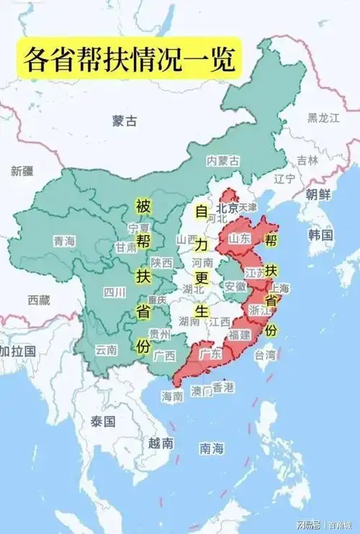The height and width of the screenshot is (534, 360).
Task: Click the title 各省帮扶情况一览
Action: [130, 58]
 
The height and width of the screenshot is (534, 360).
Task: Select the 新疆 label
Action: [23, 171]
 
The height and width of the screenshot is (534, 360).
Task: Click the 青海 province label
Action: [64, 242]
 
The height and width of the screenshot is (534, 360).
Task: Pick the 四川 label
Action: [114, 291]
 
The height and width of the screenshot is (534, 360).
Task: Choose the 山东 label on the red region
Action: [239, 237]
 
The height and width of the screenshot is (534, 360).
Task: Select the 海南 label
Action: [173, 396]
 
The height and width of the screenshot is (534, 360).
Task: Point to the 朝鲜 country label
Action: [318, 194]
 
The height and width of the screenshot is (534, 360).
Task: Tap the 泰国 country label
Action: [104, 422]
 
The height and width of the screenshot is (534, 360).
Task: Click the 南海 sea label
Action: [212, 448]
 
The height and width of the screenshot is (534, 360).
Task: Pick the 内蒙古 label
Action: [222, 160]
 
